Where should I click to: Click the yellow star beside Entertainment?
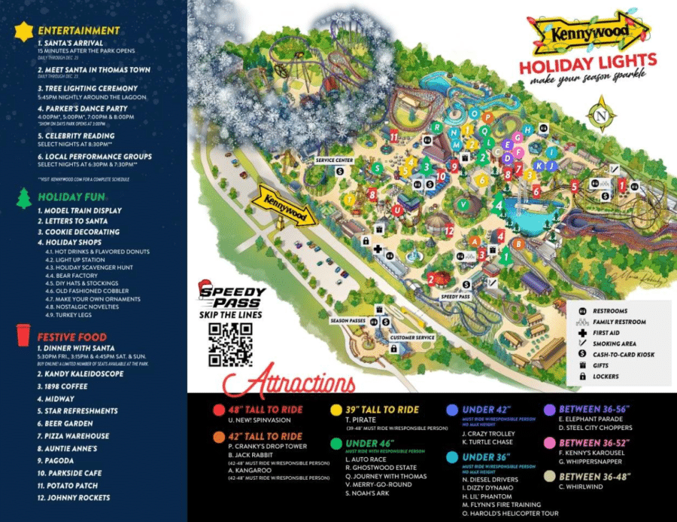26,30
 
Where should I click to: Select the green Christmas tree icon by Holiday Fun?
25,197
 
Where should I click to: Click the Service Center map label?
334,160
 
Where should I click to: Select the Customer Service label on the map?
412,337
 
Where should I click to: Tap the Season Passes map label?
348,320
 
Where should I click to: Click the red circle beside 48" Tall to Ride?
218,409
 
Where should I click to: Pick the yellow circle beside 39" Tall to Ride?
336,409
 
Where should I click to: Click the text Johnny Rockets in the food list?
74,498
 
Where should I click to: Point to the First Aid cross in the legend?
582,332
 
